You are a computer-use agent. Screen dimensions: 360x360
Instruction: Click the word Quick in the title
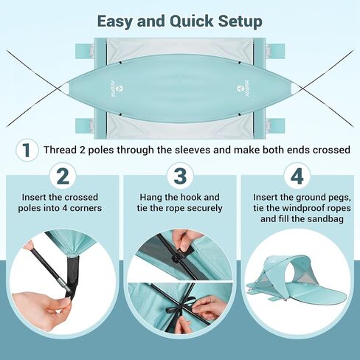(x=192, y=22)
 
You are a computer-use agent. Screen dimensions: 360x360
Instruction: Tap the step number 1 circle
(x=27, y=150)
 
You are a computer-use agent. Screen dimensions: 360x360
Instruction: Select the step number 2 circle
(x=63, y=176)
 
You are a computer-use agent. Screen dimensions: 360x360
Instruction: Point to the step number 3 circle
(x=180, y=176)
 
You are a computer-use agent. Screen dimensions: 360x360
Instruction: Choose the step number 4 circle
(x=297, y=176)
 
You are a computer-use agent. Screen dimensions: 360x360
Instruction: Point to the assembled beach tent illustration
(x=297, y=279)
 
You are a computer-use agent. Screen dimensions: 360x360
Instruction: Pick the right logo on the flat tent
(x=243, y=88)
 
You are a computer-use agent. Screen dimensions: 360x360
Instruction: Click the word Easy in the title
(x=115, y=22)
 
